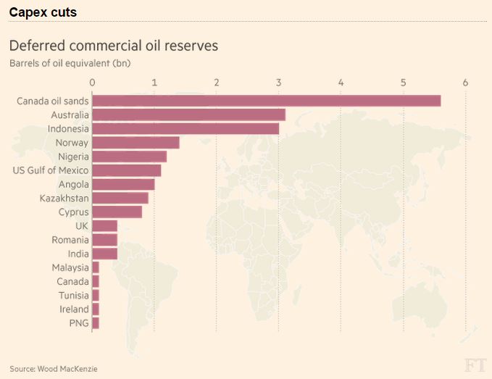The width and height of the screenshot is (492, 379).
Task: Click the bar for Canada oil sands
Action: click(x=266, y=101)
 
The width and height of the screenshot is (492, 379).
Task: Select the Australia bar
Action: click(x=188, y=114)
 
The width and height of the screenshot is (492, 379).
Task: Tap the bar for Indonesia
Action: click(x=185, y=128)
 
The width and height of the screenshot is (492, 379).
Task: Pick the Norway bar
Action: click(x=135, y=142)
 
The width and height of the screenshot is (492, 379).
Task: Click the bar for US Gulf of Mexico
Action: click(x=127, y=170)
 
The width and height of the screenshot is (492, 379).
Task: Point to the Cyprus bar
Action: click(x=117, y=212)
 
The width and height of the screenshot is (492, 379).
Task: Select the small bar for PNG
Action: click(x=96, y=323)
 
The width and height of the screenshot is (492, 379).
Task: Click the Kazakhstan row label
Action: click(x=64, y=198)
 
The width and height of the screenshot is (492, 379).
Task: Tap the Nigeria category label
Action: click(x=72, y=157)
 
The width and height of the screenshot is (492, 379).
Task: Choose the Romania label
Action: click(x=70, y=240)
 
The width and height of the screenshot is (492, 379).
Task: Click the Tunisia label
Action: click(x=73, y=296)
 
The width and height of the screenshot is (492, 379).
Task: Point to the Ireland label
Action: click(x=74, y=309)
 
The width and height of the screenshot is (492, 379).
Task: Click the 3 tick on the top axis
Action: click(x=279, y=82)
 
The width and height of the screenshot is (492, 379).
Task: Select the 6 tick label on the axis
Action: click(x=465, y=82)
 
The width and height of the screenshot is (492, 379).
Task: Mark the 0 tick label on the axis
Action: click(x=93, y=82)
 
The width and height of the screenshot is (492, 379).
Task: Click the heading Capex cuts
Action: click(x=43, y=12)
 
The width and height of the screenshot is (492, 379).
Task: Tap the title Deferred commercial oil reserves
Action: click(x=114, y=46)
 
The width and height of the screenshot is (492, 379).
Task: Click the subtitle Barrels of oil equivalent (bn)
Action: click(x=70, y=62)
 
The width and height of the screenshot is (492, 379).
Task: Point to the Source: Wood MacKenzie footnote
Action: click(x=54, y=369)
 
